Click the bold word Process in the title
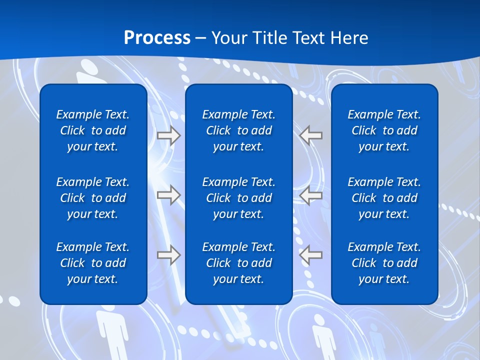point(157,38)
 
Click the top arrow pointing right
point(169,135)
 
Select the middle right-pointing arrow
point(169,194)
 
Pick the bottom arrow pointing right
point(169,255)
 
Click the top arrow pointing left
point(311,135)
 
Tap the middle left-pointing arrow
point(311,194)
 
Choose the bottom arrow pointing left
point(311,255)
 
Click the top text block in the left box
point(93,130)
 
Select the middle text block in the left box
point(93,198)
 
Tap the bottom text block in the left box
point(93,263)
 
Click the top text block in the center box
point(238,130)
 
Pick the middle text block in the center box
point(238,198)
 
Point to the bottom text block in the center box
point(238,263)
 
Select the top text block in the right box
point(384,130)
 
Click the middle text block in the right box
point(384,198)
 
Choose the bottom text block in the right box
point(384,263)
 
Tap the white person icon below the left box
point(111,332)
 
